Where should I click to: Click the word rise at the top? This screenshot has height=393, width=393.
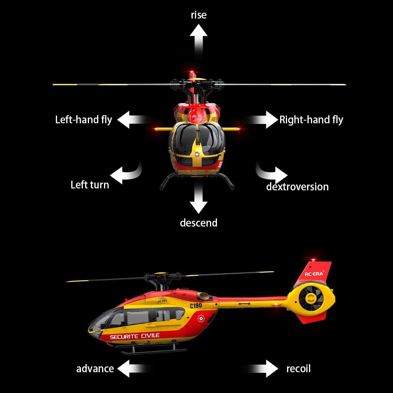198,15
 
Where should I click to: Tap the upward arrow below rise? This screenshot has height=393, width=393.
198,39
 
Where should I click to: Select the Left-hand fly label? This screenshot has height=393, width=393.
83,119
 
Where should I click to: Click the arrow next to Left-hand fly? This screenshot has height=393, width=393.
131,120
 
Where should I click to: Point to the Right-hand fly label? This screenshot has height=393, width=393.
311,120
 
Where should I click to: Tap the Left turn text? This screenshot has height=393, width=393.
90,185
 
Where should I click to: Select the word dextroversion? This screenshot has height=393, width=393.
297,187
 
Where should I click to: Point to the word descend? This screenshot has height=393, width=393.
198,223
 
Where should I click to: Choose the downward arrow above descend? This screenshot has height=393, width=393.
198,198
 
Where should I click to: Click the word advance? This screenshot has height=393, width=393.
95,369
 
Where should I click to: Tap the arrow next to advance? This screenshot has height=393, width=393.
131,369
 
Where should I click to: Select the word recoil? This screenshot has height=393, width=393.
298,369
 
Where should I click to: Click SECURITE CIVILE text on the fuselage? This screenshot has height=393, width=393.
134,336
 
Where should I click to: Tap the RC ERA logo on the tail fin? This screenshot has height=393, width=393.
314,274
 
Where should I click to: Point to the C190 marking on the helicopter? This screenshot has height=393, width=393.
196,306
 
